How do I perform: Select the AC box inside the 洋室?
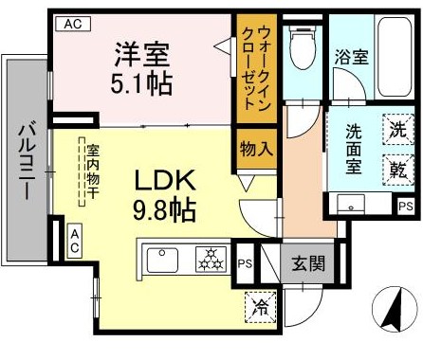(70, 26)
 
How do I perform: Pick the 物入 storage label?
(257, 149)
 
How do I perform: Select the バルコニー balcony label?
(26, 158)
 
